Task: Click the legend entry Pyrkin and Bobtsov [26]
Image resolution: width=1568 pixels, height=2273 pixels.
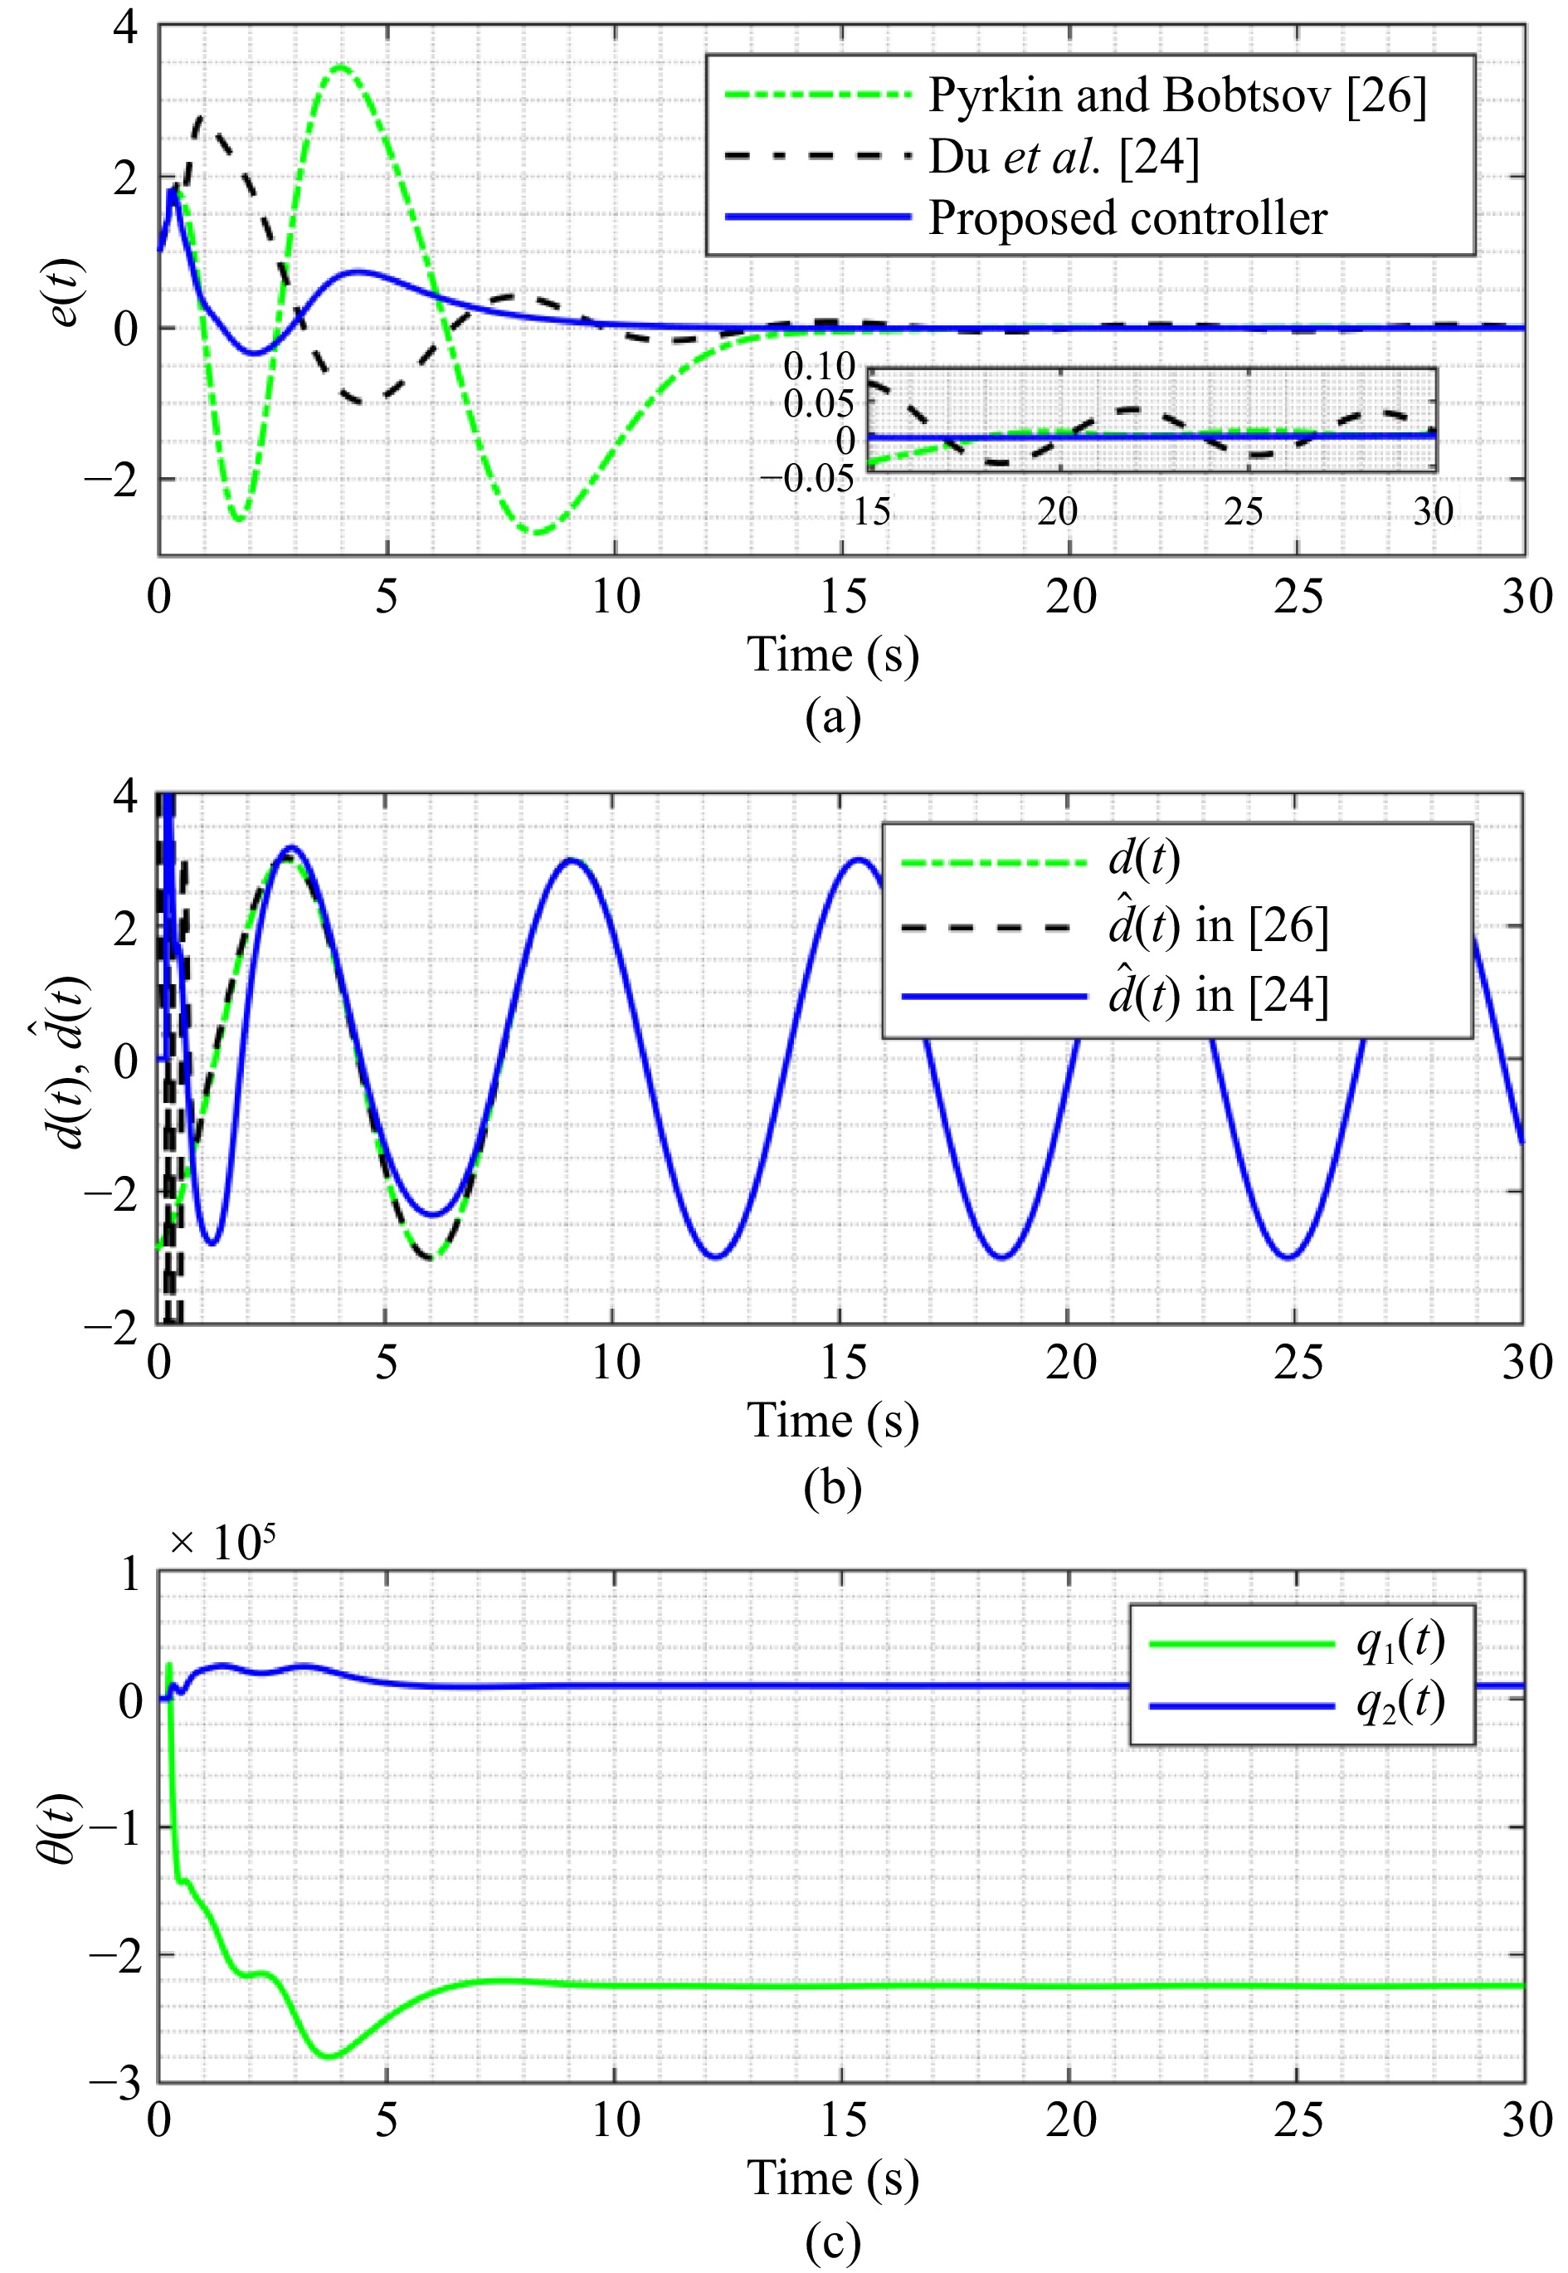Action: (x=1177, y=95)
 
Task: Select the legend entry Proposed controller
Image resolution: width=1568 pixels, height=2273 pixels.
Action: (x=1127, y=217)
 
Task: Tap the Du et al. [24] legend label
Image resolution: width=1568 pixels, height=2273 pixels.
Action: (x=1064, y=156)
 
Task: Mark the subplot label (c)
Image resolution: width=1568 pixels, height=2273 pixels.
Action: (x=832, y=2242)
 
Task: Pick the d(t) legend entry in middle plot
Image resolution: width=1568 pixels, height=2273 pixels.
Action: (x=1143, y=860)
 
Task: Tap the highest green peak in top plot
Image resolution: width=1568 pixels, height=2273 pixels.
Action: (x=340, y=67)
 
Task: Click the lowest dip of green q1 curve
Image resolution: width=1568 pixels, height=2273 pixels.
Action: (x=330, y=2056)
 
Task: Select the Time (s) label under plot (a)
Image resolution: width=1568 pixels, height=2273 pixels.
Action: (x=832, y=655)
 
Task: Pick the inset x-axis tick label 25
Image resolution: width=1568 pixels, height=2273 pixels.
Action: (x=1243, y=511)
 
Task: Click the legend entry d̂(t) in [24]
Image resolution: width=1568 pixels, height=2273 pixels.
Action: (x=1218, y=996)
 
